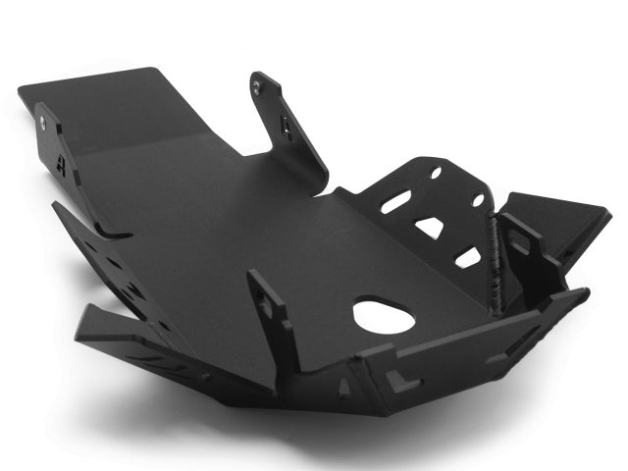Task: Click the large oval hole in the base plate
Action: pos(384,315)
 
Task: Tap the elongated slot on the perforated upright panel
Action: pos(394,202)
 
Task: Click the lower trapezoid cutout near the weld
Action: pos(469,257)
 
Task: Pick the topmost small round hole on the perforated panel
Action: pos(436,173)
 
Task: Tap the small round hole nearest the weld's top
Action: pos(478,200)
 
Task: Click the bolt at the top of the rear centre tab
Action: pos(257,86)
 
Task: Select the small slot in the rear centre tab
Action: pos(286,125)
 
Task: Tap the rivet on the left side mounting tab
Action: pos(43,123)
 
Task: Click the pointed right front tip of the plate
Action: pos(586,291)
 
